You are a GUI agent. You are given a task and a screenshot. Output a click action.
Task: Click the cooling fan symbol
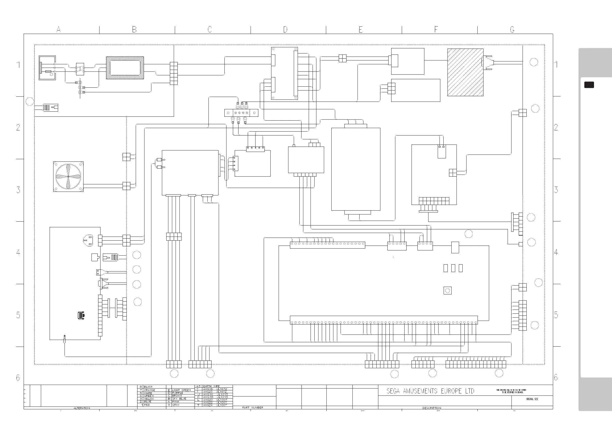click(68, 176)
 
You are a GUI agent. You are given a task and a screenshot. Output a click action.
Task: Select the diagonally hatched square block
click(465, 72)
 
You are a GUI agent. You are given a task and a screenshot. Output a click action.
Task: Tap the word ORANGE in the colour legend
click(149, 390)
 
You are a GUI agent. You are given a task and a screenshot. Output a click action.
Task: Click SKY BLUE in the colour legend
click(179, 399)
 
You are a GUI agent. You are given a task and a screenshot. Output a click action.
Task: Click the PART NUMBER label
click(253, 407)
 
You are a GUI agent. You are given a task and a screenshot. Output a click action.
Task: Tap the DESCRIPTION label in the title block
click(432, 408)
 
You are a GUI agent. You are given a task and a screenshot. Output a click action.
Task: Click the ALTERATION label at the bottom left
click(81, 408)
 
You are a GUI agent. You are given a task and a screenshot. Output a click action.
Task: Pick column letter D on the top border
click(285, 30)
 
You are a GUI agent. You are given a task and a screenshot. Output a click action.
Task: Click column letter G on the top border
click(512, 30)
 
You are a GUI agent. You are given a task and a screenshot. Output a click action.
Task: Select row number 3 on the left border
click(18, 190)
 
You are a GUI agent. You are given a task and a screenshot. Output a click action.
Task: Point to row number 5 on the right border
click(556, 315)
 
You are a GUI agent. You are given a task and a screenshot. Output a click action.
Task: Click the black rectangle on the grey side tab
click(589, 85)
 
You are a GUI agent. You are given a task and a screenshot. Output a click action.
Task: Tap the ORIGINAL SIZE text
click(532, 399)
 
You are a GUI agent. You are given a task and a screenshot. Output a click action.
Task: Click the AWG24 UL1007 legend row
click(215, 405)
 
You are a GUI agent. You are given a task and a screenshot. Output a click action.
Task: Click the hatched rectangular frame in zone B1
click(125, 68)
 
